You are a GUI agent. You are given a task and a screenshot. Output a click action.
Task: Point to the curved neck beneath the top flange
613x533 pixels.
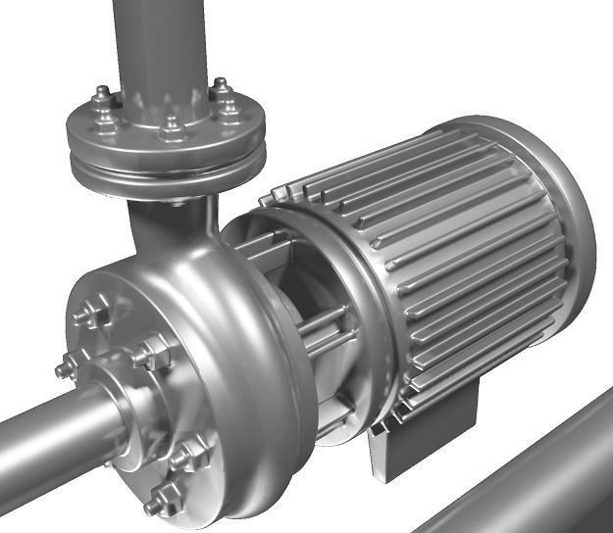[167, 220]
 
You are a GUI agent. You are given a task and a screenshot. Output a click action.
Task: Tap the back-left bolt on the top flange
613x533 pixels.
[103, 96]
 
